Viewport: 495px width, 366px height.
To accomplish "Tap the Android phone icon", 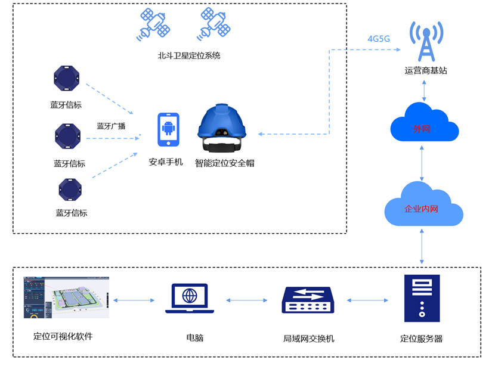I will click(168, 130).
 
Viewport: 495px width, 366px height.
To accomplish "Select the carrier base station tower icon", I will click(425, 41).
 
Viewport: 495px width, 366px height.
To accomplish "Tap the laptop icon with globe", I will click(190, 298).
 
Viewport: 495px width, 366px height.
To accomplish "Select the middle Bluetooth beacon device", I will click(69, 137).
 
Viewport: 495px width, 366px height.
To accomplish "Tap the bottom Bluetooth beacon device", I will click(70, 190).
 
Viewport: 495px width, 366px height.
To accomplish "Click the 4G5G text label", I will click(379, 39).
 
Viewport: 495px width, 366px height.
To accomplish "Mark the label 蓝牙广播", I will click(111, 126).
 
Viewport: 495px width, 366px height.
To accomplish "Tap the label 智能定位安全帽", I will click(225, 163).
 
